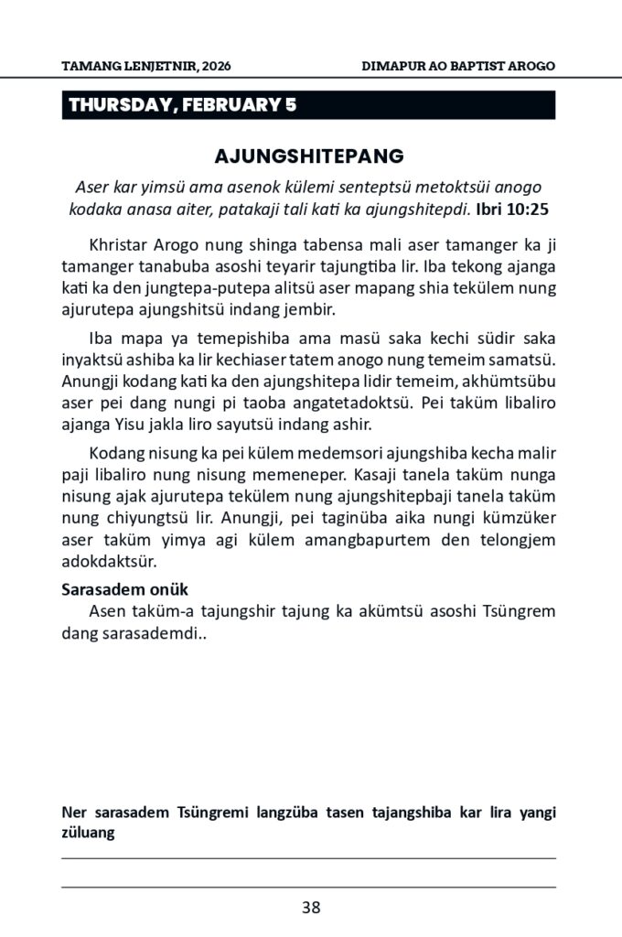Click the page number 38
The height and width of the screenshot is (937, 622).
pos(311,908)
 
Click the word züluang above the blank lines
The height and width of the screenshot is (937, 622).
pos(88,833)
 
